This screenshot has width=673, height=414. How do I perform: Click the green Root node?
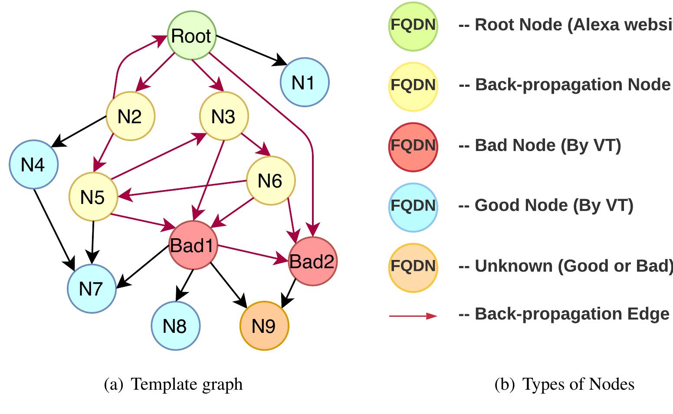191,36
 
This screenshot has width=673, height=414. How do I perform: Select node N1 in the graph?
305,82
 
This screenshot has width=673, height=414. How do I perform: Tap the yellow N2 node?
130,116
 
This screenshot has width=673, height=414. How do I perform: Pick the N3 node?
223,116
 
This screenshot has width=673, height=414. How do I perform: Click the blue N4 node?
33,164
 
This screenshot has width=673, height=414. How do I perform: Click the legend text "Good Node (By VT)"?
554,205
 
